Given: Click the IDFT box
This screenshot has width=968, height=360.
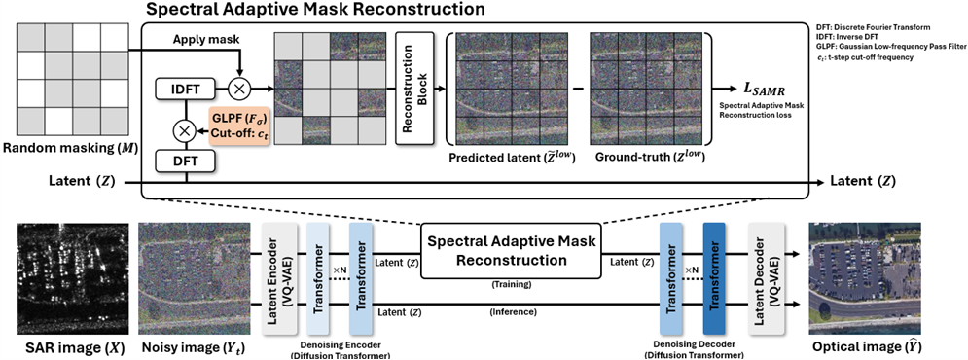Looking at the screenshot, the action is (x=186, y=90).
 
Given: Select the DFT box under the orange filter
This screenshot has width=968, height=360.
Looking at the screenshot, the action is (x=186, y=162).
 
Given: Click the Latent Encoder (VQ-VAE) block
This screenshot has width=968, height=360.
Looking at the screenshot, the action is (x=280, y=279).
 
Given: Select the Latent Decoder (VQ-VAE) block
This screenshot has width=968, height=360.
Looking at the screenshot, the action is (x=766, y=279).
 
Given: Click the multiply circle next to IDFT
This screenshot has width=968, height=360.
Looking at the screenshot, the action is (x=239, y=90).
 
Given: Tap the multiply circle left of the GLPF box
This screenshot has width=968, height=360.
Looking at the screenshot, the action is (x=186, y=131).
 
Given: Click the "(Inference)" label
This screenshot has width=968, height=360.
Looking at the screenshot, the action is (x=513, y=311).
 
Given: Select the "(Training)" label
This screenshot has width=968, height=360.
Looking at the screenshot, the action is (x=512, y=285).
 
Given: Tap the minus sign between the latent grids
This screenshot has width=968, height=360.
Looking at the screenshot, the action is (x=578, y=90).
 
